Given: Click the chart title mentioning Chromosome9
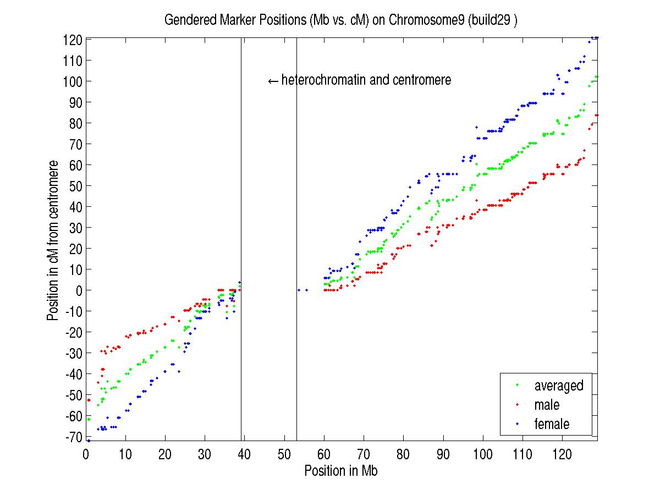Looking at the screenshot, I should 341,21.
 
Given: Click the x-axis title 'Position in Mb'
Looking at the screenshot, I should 340,471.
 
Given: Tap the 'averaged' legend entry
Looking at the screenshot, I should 558,386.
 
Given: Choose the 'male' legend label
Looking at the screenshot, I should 546,405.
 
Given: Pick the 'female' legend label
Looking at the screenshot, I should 552,424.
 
